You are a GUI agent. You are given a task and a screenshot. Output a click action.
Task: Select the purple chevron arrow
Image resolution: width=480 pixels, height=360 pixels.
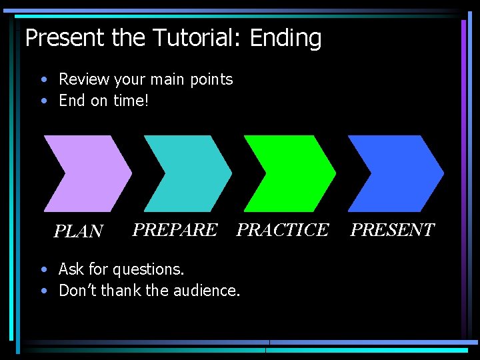[87, 173]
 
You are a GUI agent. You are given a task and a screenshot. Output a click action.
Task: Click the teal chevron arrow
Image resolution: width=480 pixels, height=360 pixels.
[187, 173]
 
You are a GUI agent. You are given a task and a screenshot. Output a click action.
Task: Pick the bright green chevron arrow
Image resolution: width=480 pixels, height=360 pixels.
[289, 173]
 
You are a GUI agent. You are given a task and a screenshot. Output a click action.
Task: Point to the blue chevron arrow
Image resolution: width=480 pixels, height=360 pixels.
[395, 173]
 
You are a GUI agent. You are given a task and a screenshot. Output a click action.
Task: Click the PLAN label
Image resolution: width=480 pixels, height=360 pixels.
[78, 231]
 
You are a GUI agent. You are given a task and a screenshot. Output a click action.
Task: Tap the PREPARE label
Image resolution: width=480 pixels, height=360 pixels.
[175, 230]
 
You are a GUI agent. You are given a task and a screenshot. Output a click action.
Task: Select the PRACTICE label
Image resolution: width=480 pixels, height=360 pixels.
[283, 230]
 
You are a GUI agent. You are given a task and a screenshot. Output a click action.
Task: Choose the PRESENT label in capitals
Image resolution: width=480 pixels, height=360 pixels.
[392, 230]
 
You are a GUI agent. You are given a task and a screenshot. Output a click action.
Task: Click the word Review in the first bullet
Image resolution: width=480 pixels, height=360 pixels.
[84, 79]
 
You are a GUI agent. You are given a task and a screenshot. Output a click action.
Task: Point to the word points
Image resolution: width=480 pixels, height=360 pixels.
[209, 80]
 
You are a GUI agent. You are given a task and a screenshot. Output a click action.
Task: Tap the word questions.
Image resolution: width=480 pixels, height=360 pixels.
[148, 270]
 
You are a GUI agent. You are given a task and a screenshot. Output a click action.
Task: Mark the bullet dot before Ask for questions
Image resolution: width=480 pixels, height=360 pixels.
[43, 270]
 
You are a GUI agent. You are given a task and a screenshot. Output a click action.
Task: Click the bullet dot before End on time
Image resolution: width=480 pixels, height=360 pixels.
[43, 101]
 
